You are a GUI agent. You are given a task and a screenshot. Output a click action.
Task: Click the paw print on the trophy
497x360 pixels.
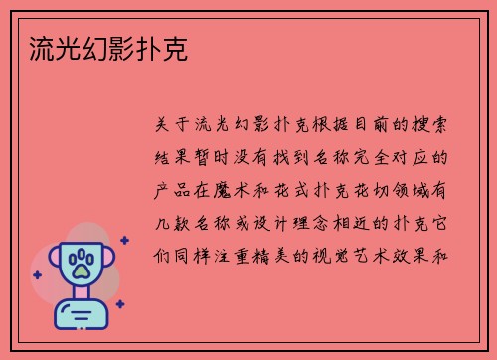pos(80,265)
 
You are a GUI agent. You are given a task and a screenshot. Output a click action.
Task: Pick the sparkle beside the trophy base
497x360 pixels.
pos(119,303)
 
